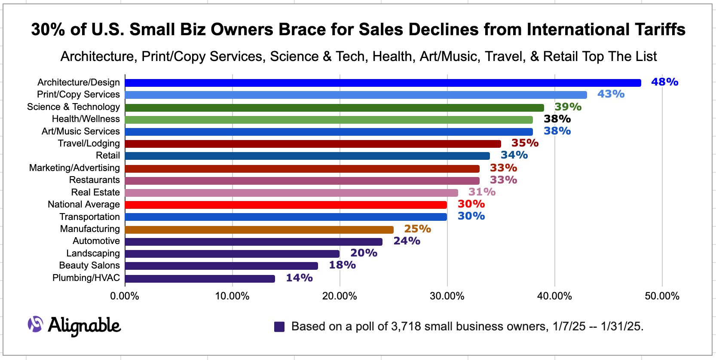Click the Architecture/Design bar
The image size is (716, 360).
(x=382, y=83)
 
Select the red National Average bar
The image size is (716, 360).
(x=286, y=205)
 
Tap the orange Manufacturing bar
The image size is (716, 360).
(x=259, y=230)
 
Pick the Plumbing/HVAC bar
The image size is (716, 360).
(x=200, y=279)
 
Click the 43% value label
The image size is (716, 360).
(x=611, y=94)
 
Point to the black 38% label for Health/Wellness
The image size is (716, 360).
(x=557, y=119)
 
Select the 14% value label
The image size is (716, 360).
(x=299, y=278)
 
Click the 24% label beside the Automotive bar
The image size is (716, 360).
(x=407, y=241)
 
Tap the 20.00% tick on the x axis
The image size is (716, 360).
(x=340, y=296)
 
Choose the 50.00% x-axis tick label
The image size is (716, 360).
(x=662, y=296)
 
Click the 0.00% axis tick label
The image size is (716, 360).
(x=125, y=296)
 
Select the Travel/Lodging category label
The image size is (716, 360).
(x=89, y=143)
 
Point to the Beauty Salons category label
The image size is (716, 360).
(x=89, y=265)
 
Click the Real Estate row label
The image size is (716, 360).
(x=95, y=192)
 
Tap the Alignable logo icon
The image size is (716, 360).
(x=35, y=324)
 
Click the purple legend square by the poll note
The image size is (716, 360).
(x=279, y=327)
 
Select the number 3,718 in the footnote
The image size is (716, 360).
(x=406, y=326)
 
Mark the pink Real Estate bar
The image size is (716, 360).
(x=291, y=193)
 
